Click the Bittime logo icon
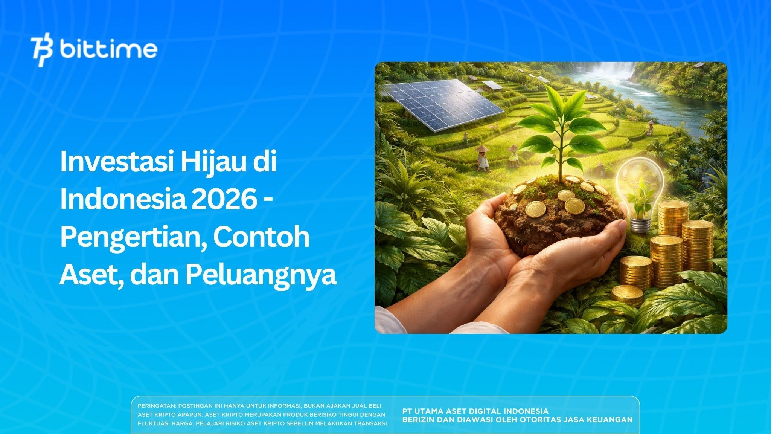42,51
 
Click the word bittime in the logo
108,50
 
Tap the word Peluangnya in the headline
260,275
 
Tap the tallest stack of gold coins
672,241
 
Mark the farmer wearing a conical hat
482,158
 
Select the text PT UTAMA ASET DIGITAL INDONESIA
475,411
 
